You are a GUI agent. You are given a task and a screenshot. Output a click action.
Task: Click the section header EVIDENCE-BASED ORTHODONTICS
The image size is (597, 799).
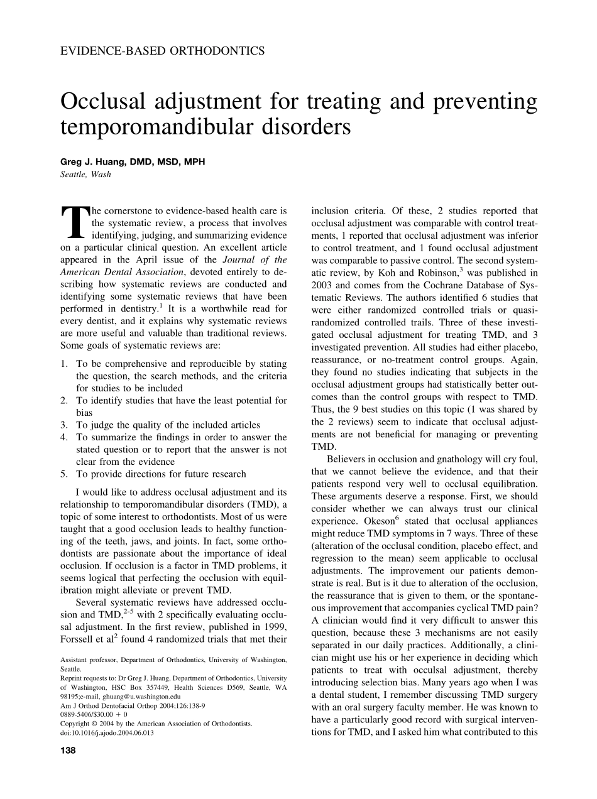pos(162,51)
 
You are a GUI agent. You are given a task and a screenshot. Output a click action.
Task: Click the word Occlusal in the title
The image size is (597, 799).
pos(104,102)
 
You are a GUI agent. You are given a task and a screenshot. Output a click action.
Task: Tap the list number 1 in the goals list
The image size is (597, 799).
pos(64,364)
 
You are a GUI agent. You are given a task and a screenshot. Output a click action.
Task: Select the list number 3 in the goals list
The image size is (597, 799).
pos(64,425)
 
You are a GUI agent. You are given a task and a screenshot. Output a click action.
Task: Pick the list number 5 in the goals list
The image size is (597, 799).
pos(64,474)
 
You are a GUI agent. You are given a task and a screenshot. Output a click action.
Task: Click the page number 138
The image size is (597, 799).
pos(68,750)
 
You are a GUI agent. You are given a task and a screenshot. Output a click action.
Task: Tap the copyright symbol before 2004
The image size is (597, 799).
pos(94,724)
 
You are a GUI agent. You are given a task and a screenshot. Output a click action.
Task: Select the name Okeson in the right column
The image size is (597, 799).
pos(361,521)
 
